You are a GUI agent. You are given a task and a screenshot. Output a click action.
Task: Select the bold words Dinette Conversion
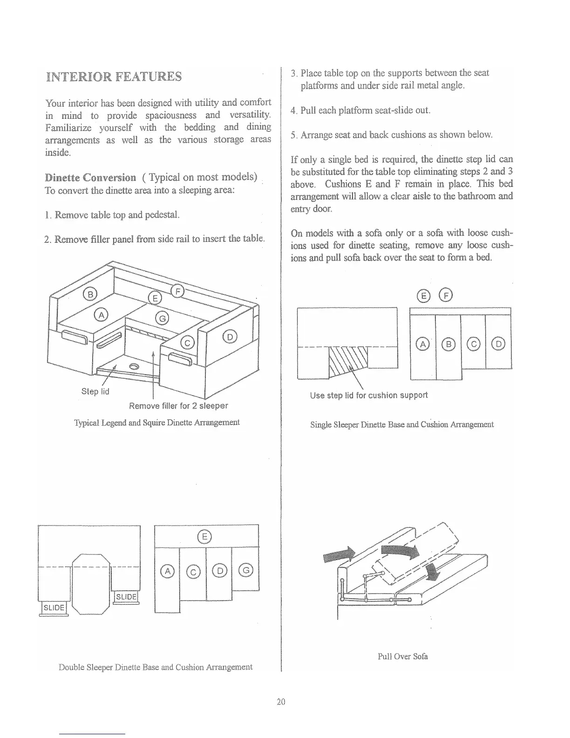(91, 178)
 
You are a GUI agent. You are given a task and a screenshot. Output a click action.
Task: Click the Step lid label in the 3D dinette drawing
(95, 391)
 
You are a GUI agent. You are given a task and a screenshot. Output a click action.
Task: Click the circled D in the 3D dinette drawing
(231, 336)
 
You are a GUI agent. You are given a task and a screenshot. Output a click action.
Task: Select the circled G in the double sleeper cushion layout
(245, 569)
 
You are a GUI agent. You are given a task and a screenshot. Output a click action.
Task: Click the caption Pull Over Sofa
(402, 656)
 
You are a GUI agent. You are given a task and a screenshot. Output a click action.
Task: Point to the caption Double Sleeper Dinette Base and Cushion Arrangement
(156, 667)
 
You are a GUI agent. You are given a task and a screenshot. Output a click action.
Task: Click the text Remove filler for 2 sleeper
(178, 405)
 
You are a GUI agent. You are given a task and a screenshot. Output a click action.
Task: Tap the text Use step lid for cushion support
(368, 395)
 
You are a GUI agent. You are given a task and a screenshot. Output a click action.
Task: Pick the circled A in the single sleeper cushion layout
(423, 344)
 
